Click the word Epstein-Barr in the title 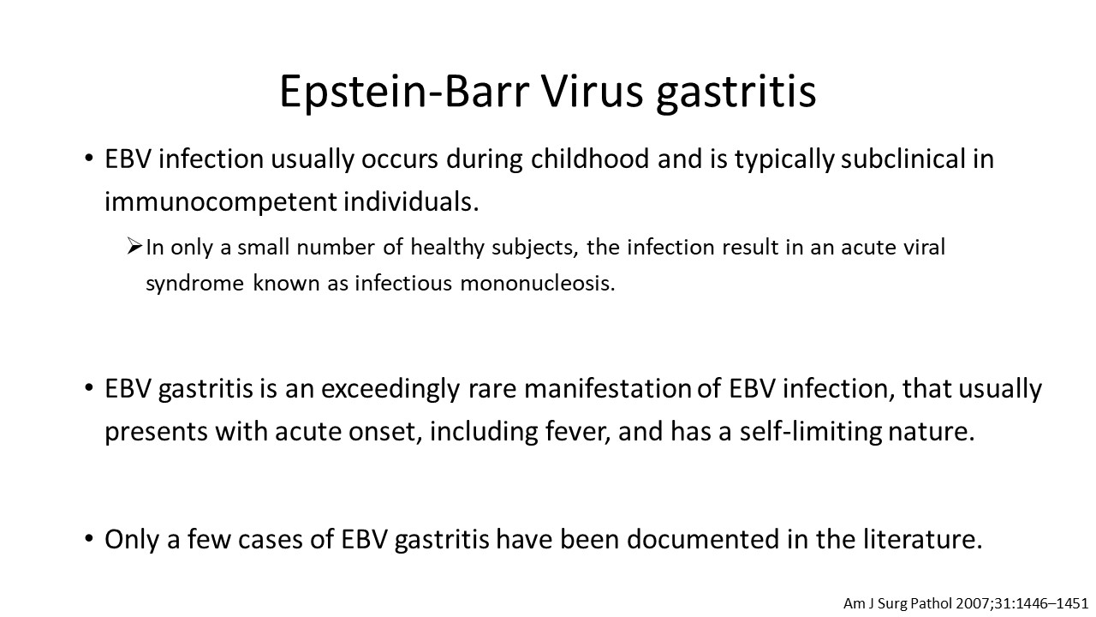pyautogui.click(x=404, y=93)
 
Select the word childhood pyautogui.click(x=590, y=159)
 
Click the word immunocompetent pyautogui.click(x=221, y=202)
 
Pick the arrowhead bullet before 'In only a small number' pyautogui.click(x=134, y=246)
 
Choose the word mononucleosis pyautogui.click(x=537, y=283)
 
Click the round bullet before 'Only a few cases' pyautogui.click(x=88, y=539)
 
